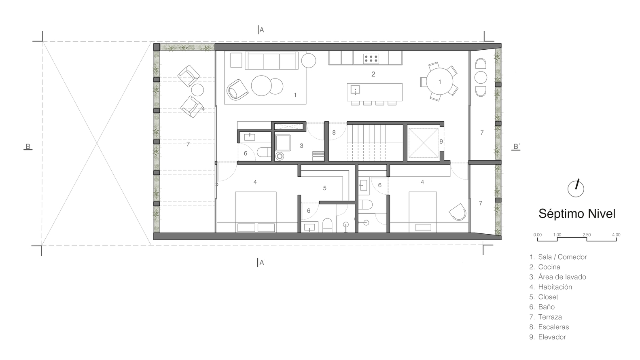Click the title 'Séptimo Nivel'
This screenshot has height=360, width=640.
pos(576,214)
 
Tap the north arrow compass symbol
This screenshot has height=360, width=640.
pos(576,188)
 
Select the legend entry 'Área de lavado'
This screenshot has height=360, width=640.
pos(557,277)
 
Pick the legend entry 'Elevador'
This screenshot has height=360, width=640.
pos(547,337)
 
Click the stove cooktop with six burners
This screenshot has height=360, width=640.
pos(371,59)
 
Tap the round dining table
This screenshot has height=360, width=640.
pos(439,81)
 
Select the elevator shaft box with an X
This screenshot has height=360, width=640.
pos(423,143)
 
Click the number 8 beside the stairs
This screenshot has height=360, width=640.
pos(334,133)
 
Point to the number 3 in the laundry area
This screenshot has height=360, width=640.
pos(301,146)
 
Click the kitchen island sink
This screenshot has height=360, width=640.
pos(355,89)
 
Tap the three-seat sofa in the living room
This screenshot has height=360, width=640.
pos(271,60)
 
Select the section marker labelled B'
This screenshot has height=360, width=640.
pos(516,147)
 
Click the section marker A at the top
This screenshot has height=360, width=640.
pos(261,30)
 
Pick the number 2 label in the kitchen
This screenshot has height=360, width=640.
pos(373,74)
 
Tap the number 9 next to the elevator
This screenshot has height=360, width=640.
pos(441,142)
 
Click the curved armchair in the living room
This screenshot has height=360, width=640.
pos(237,89)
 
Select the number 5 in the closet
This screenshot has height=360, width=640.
pos(324,188)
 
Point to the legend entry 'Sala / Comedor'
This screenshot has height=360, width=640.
pos(558,257)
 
